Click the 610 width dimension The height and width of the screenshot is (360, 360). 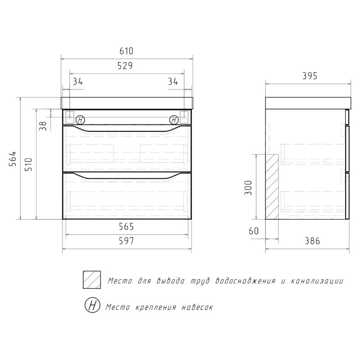126,51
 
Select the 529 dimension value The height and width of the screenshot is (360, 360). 125,66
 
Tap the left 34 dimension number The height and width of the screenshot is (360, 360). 78,81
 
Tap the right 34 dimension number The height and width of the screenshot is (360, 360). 173,81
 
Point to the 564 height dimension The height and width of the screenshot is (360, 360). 13,159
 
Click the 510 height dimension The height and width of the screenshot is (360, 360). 29,164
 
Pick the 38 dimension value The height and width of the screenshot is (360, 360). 43,126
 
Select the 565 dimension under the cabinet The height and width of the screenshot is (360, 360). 126,227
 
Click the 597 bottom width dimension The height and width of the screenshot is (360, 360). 126,241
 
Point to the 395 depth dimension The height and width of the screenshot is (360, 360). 310,76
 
